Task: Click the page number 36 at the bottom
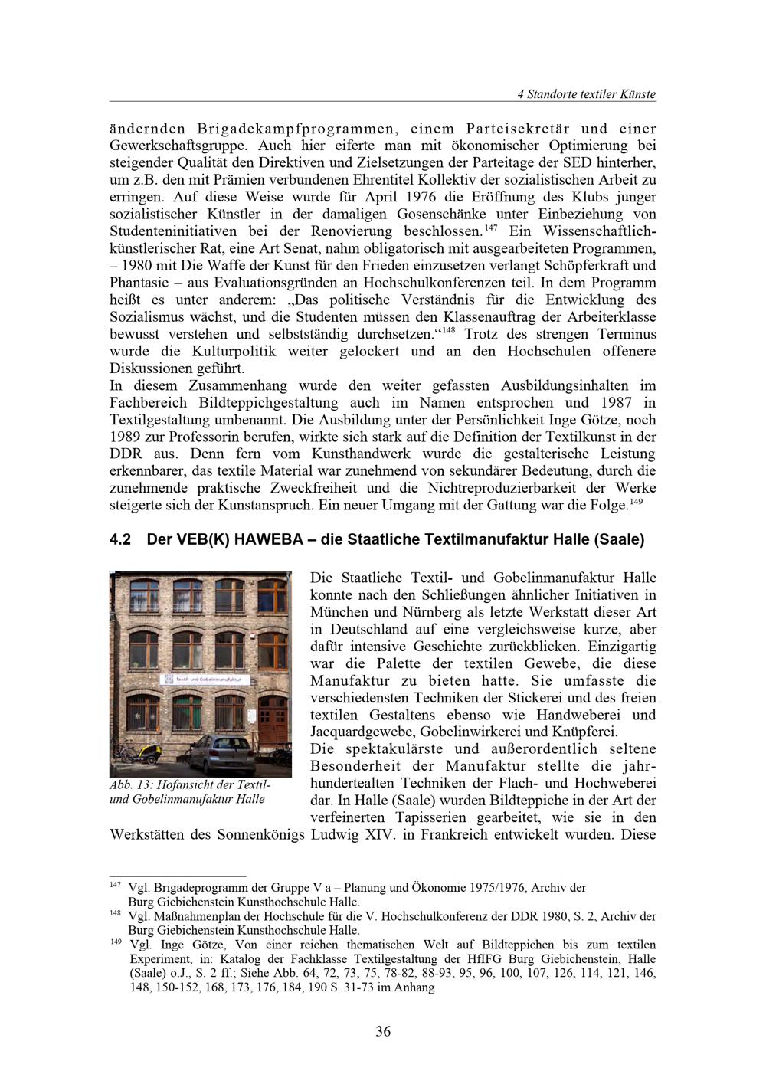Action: pyautogui.click(x=383, y=1031)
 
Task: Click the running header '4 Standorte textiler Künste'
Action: pyautogui.click(x=586, y=94)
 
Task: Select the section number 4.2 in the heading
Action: pyautogui.click(x=121, y=539)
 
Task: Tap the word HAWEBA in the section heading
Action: pyautogui.click(x=269, y=539)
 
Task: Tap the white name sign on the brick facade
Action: pyautogui.click(x=202, y=679)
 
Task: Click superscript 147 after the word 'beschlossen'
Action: pyautogui.click(x=491, y=227)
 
